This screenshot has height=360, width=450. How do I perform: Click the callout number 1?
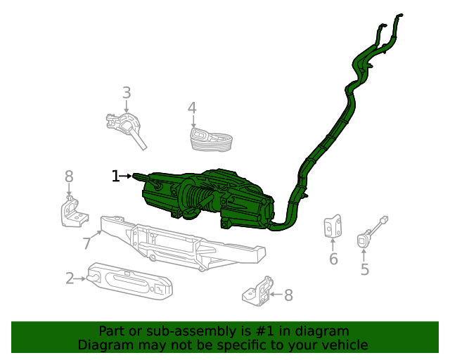tap(115, 176)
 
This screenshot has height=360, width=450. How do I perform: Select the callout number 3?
tap(127, 93)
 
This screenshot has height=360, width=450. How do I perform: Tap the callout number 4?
tap(192, 108)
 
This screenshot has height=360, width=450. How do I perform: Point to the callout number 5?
tap(365, 269)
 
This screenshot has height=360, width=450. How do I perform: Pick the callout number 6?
tap(333, 259)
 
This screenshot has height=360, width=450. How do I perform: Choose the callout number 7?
tap(87, 243)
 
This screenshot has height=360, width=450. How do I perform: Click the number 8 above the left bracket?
tap(69, 176)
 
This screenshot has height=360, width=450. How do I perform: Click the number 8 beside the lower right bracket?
tap(288, 295)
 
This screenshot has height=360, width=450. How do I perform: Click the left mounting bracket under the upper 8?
tap(71, 213)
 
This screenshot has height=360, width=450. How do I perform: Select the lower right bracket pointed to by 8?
tap(257, 290)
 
